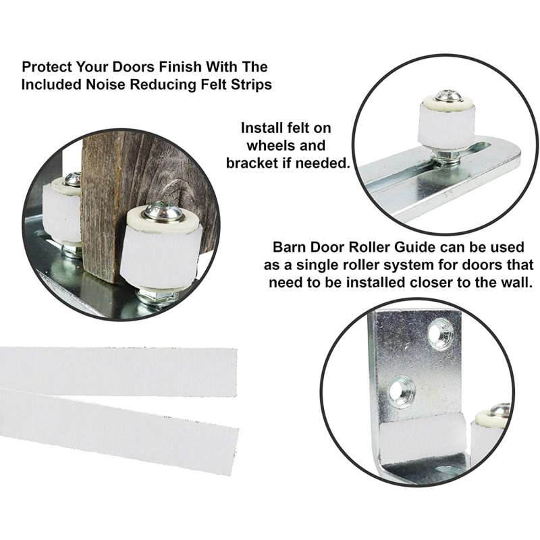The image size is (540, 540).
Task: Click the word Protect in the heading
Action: [x=46, y=67]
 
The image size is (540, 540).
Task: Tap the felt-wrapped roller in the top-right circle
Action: [x=447, y=126]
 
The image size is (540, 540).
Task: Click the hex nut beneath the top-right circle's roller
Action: [x=447, y=159]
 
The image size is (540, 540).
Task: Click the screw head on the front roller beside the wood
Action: [x=163, y=213]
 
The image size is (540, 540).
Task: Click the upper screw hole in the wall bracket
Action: [x=440, y=331]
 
